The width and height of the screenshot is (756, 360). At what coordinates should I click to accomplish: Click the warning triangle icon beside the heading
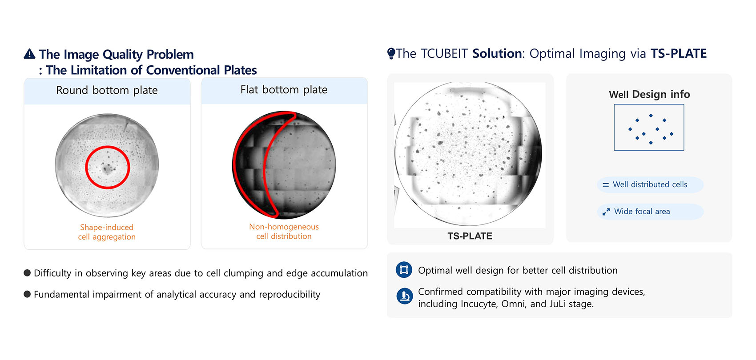(x=30, y=54)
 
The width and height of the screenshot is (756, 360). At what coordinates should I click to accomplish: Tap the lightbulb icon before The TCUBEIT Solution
(x=391, y=53)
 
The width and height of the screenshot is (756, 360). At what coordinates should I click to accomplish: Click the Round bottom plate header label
(x=107, y=90)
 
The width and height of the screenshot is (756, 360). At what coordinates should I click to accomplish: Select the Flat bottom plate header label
(x=284, y=89)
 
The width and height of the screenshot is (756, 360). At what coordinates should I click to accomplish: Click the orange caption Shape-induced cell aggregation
(x=107, y=232)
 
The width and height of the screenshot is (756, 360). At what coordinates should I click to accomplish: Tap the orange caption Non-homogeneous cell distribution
(x=284, y=232)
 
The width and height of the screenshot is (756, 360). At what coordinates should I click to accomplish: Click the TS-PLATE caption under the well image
(x=470, y=236)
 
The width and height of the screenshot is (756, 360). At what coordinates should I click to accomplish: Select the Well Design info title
(x=649, y=94)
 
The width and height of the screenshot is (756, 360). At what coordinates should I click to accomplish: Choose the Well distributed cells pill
(x=650, y=184)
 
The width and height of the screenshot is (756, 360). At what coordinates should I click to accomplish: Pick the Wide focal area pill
(x=650, y=212)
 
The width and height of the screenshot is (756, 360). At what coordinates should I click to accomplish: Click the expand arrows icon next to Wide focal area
(x=606, y=212)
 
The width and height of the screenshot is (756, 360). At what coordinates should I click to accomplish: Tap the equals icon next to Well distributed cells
(x=606, y=185)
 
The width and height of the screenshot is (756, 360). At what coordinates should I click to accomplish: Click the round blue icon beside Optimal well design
(x=404, y=270)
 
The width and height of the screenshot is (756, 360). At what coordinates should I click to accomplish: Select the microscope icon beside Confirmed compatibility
(x=404, y=296)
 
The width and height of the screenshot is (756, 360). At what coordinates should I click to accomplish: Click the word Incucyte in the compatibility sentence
(x=479, y=304)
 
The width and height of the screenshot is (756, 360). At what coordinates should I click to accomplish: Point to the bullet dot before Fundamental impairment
(x=27, y=294)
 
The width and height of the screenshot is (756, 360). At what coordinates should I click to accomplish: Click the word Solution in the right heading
(x=497, y=54)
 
